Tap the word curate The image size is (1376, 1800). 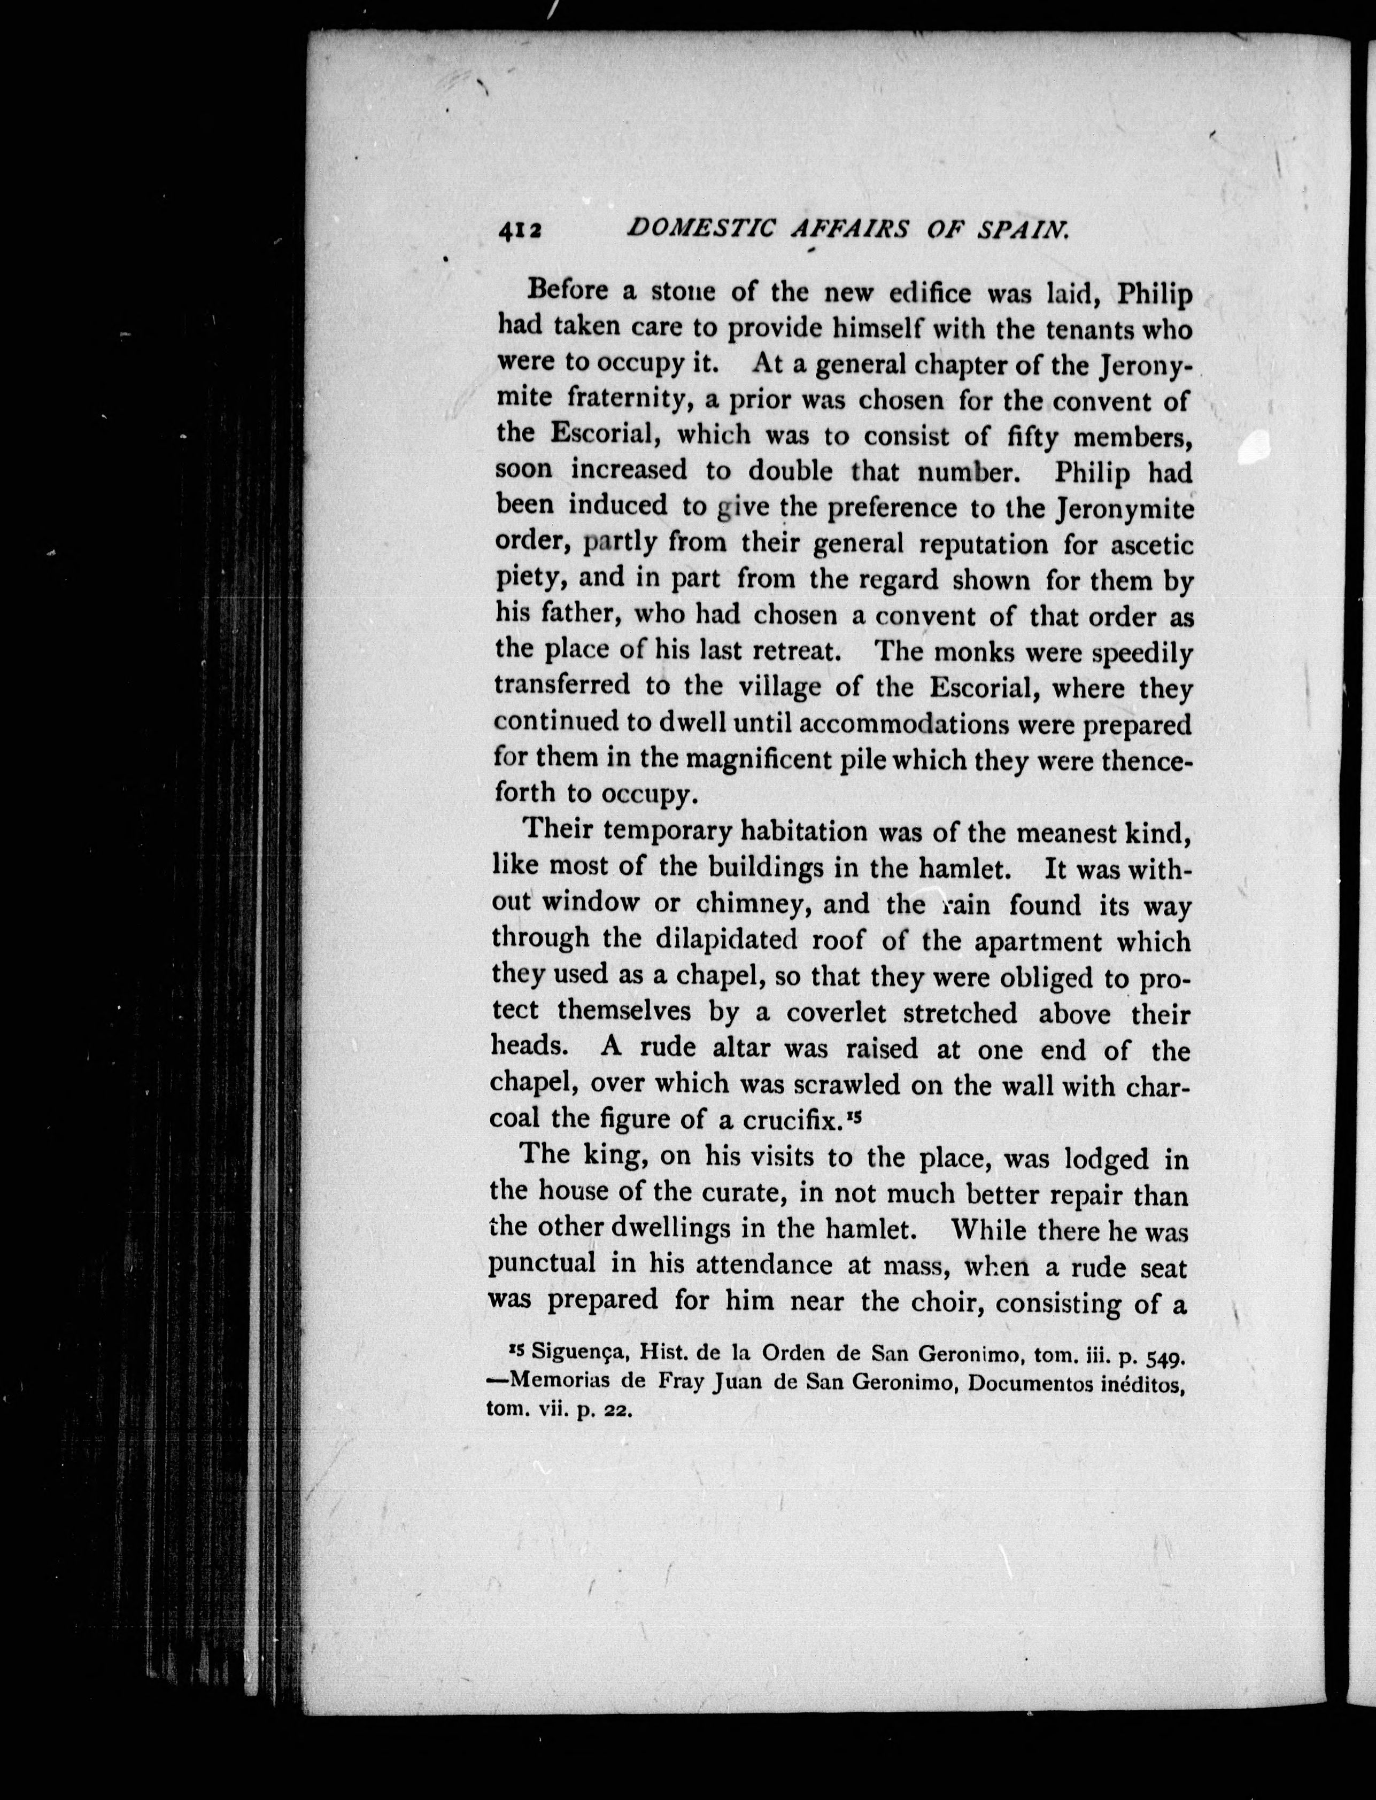736,1194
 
